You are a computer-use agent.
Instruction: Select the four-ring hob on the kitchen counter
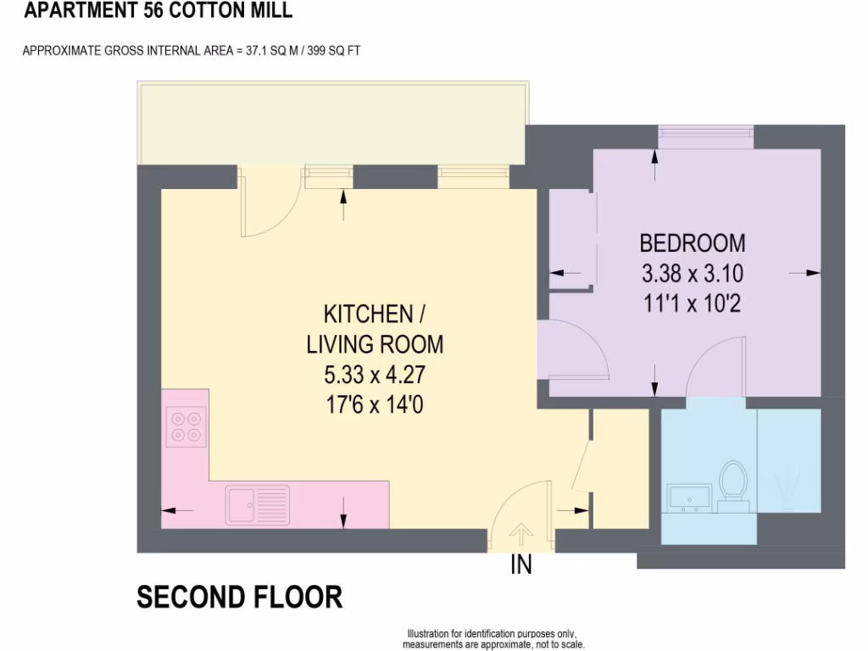click(x=186, y=426)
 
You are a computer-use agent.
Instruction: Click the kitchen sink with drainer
click(x=257, y=504)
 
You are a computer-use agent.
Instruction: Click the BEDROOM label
click(x=693, y=243)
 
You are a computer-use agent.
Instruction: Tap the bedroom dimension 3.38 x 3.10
click(x=693, y=274)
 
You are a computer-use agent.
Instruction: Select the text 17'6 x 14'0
click(x=375, y=405)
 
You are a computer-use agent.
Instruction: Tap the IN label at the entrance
click(x=521, y=565)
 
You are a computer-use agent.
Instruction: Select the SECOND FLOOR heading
click(x=240, y=598)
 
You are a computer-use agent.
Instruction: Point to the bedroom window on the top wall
click(x=706, y=132)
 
